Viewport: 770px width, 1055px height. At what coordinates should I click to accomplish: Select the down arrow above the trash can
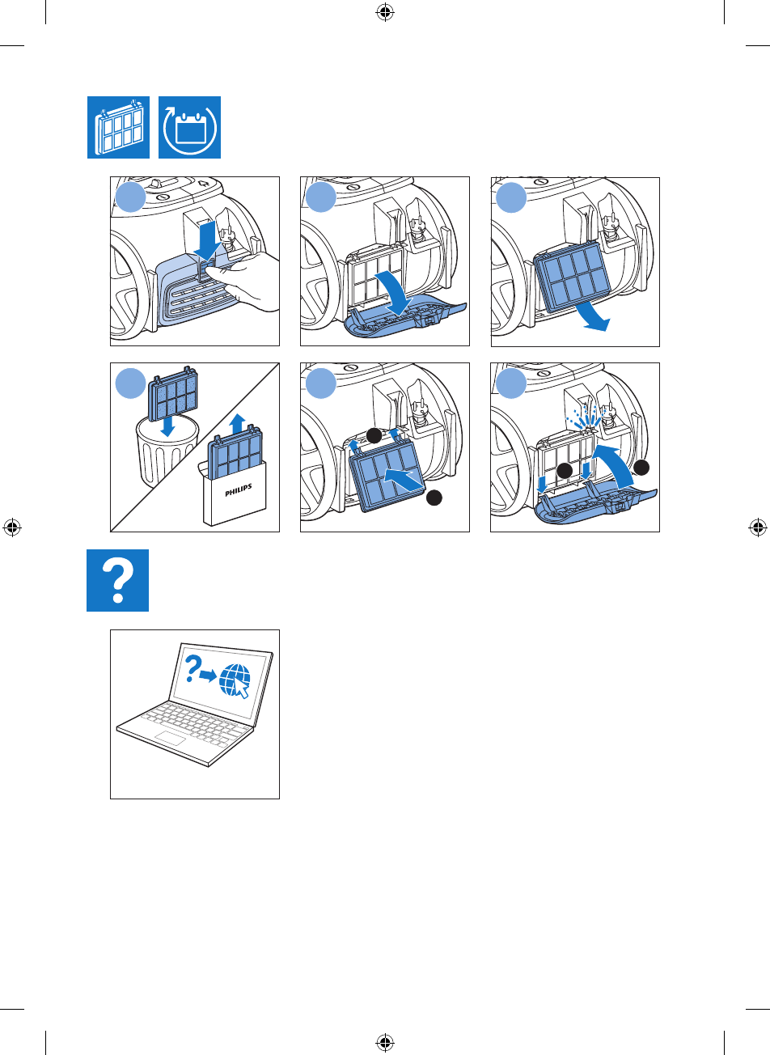tap(167, 426)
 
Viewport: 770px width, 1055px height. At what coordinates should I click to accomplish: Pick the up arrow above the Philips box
tap(236, 422)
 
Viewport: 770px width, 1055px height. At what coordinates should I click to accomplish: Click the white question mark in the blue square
tap(118, 580)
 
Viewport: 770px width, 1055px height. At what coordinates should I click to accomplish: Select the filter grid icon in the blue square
tap(118, 129)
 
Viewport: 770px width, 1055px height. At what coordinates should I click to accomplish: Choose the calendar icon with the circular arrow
tap(189, 129)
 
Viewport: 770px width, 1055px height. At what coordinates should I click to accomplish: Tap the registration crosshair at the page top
tap(385, 12)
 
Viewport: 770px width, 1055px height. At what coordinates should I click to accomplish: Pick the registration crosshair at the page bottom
tap(385, 1043)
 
